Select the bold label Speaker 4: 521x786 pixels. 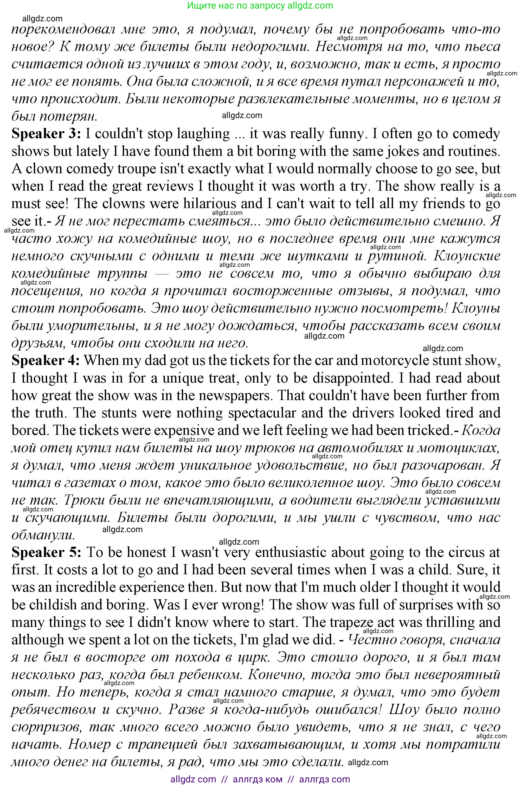point(46,360)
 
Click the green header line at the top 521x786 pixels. point(260,6)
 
